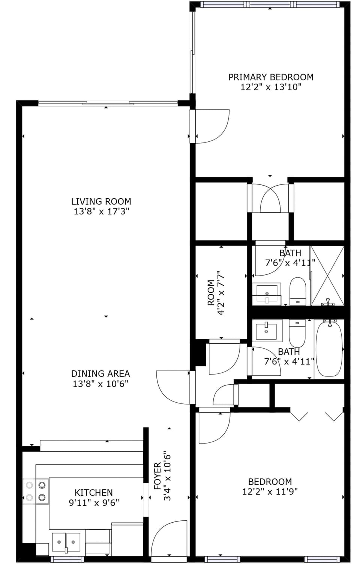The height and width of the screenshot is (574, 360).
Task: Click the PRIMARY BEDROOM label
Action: pos(271,77)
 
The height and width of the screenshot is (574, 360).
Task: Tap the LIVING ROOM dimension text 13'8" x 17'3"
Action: pos(101,211)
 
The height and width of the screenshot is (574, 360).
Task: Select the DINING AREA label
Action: pos(100,373)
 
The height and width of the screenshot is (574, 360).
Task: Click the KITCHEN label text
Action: pos(94,492)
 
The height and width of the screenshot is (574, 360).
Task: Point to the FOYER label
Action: pos(157,476)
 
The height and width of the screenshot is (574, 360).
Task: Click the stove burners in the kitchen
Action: pos(36,491)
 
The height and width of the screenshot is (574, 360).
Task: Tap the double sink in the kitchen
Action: pos(66,542)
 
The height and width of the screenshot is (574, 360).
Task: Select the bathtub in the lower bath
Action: pos(329,349)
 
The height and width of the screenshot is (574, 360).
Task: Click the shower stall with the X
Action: pos(328,275)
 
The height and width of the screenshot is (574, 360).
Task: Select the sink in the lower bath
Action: pos(266,331)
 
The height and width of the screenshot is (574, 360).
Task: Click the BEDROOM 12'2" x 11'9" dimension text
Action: pos(270,492)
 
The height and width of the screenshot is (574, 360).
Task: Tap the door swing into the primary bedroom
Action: pos(211,126)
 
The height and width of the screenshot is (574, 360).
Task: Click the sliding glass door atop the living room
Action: pos(108,103)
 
